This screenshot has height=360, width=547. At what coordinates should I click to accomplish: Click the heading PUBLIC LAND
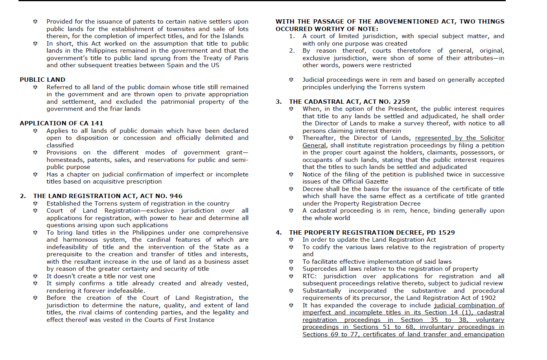coord(42,80)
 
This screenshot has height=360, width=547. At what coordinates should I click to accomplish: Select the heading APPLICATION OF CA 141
coord(61,123)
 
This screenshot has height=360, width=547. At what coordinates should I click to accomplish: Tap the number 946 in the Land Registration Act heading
coord(175,196)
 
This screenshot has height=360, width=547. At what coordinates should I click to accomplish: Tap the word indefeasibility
coord(67,247)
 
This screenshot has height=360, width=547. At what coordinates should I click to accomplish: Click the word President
coord(403,109)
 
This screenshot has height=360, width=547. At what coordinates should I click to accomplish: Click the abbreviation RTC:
coord(309,276)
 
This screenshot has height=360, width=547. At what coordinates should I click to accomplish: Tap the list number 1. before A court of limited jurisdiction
coord(292,36)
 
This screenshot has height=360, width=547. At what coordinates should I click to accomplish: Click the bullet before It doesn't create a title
coord(35,276)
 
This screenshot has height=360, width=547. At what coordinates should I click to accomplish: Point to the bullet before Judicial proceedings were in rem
coord(291,80)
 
